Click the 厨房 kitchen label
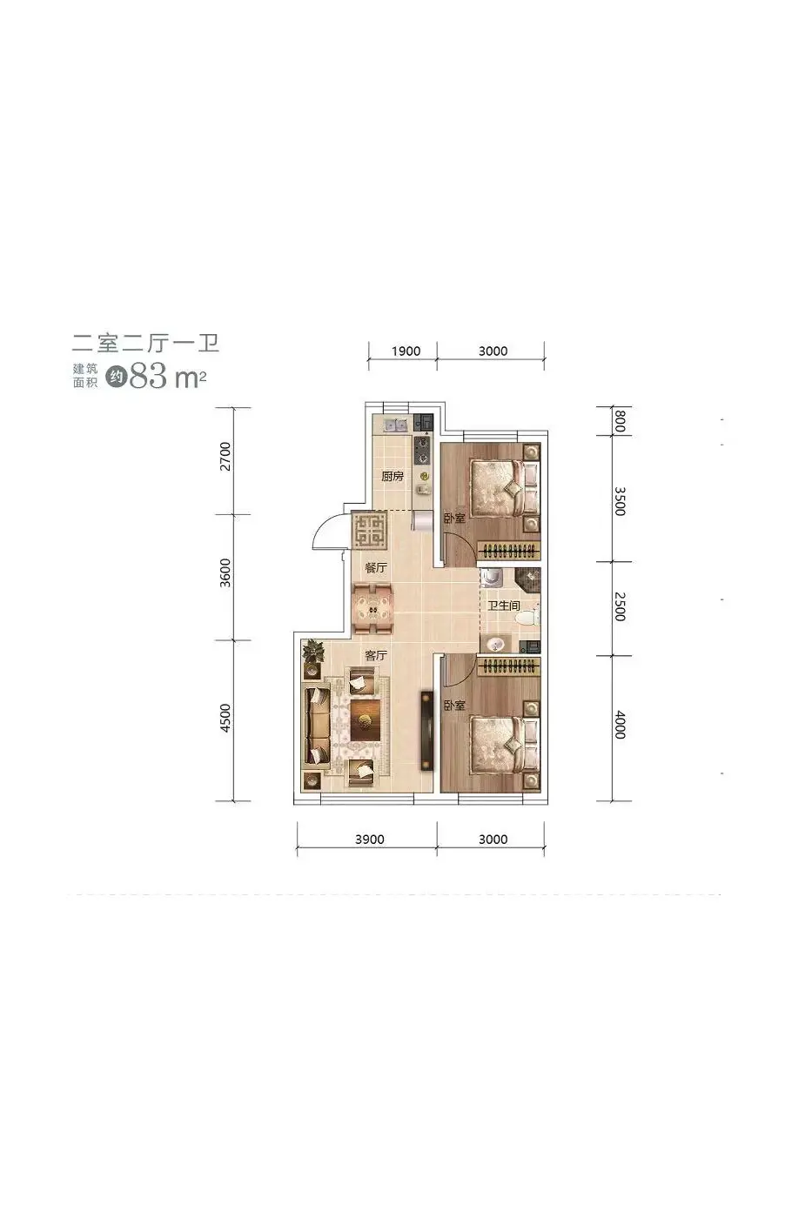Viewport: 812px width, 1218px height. click(x=393, y=477)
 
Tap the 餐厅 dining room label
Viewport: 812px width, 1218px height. click(x=376, y=567)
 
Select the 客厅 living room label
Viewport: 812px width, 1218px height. click(x=376, y=655)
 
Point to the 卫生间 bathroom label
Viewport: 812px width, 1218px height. click(x=504, y=606)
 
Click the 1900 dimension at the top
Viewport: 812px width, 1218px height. click(x=406, y=351)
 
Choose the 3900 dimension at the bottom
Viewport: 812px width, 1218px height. click(x=369, y=839)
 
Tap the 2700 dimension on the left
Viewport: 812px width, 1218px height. click(x=225, y=457)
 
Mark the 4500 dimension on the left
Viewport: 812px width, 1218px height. click(x=225, y=718)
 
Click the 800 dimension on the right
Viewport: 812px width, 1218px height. click(x=620, y=422)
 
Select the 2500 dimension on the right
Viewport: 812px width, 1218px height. click(x=620, y=607)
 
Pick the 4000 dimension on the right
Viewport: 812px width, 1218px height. click(x=620, y=724)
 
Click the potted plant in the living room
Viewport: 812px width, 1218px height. click(x=312, y=652)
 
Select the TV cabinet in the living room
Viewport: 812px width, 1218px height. click(x=427, y=730)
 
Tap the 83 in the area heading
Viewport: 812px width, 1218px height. click(x=149, y=375)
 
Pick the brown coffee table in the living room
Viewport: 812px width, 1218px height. click(x=365, y=720)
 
